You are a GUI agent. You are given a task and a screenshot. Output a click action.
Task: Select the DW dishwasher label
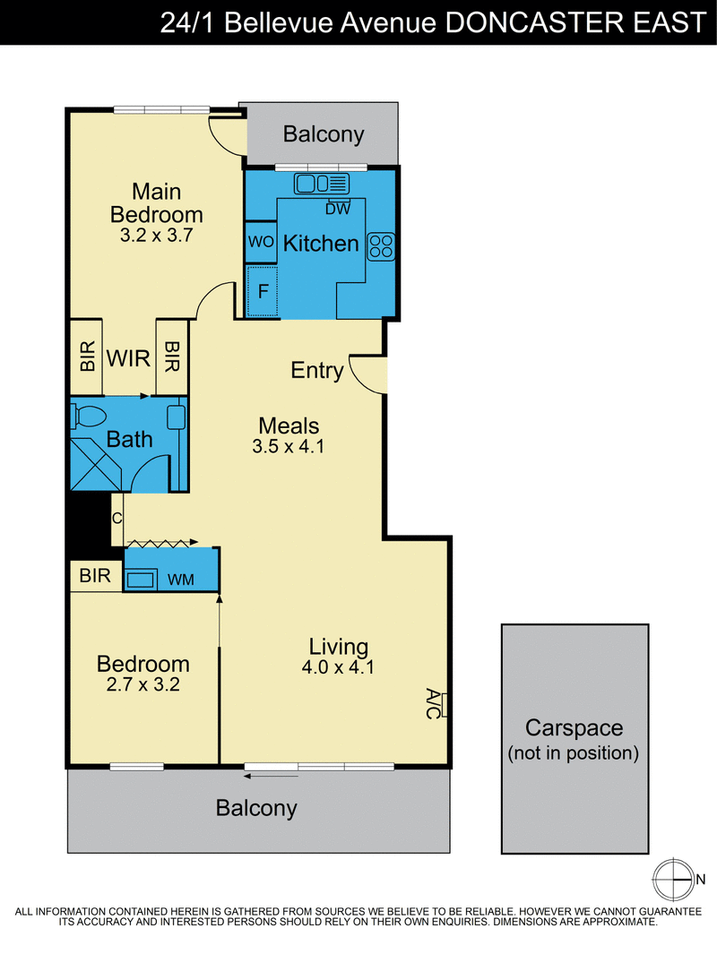[x=337, y=209]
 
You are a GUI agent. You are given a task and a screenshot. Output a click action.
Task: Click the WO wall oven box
[x=260, y=243]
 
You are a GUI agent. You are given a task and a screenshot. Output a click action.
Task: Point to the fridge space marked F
[x=263, y=291]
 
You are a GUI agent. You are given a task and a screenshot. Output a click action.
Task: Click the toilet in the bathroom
[x=90, y=417]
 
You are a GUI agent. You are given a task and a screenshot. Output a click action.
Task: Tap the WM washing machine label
[x=180, y=580]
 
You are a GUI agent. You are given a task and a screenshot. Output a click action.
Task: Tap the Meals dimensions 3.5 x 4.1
[x=289, y=446]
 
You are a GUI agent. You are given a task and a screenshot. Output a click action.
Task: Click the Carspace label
[x=574, y=727]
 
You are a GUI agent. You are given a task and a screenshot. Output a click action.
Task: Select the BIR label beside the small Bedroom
[x=94, y=576]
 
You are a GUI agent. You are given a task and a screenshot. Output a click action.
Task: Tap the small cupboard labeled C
[x=117, y=519]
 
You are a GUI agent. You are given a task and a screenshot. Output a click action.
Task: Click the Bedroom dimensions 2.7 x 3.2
[x=143, y=685]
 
